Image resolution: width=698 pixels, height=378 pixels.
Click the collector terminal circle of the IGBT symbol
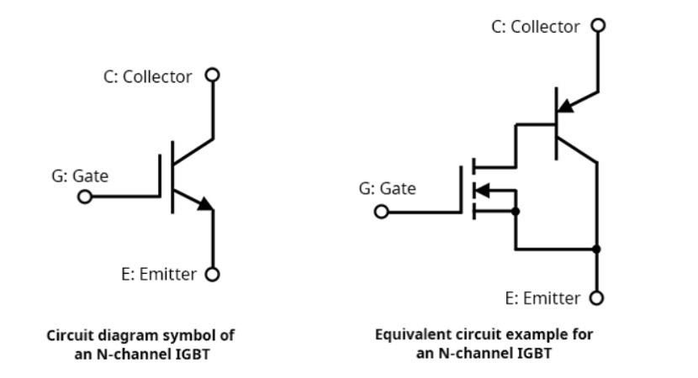click(x=213, y=75)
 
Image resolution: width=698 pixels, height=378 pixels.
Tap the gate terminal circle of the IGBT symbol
click(x=85, y=197)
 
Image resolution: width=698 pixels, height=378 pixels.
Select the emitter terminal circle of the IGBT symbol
click(x=213, y=274)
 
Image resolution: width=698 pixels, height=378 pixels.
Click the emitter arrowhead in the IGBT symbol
click(x=205, y=203)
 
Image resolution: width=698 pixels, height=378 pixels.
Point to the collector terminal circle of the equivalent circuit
click(x=598, y=25)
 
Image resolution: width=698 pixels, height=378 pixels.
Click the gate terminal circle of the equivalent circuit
click(x=382, y=212)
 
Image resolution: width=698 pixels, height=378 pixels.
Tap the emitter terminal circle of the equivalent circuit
click(x=597, y=297)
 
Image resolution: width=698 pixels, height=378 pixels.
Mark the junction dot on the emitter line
click(x=597, y=249)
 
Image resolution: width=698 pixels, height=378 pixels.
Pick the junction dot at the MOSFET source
click(x=516, y=212)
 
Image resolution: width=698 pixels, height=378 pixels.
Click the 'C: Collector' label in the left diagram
click(x=148, y=76)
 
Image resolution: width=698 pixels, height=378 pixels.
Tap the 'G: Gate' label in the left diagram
click(x=80, y=176)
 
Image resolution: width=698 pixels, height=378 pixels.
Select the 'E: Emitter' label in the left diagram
click(x=159, y=274)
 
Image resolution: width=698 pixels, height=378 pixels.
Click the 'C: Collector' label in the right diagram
click(x=536, y=27)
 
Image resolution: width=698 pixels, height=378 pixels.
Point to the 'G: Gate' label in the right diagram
click(x=387, y=188)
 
